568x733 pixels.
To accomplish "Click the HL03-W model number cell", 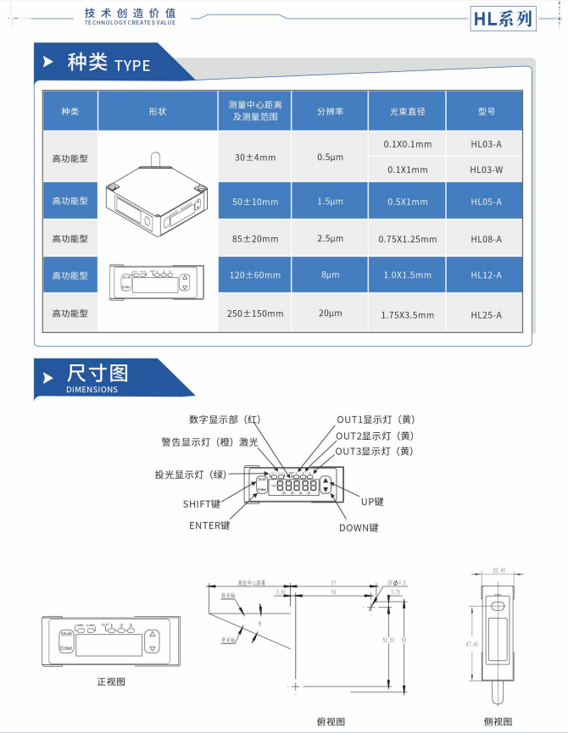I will click(486, 169).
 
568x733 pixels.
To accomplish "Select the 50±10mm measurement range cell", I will click(254, 202).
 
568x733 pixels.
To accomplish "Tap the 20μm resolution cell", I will click(330, 314).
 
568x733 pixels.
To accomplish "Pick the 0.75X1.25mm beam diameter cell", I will click(406, 239).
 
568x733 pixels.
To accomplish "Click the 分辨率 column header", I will click(330, 111).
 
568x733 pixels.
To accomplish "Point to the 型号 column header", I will click(486, 111).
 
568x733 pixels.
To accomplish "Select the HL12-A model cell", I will click(486, 275).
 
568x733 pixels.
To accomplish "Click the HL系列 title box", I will click(504, 18).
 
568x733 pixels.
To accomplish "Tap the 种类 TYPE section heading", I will click(108, 64).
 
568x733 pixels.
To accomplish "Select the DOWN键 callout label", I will click(359, 527).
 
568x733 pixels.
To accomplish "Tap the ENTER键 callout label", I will click(209, 525).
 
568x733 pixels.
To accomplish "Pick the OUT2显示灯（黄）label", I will click(374, 436).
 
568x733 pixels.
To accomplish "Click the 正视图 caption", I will click(112, 680).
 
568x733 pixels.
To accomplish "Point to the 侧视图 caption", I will click(498, 721).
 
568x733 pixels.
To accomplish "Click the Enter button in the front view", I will click(66, 648).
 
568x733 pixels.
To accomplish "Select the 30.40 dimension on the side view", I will click(498, 571).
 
